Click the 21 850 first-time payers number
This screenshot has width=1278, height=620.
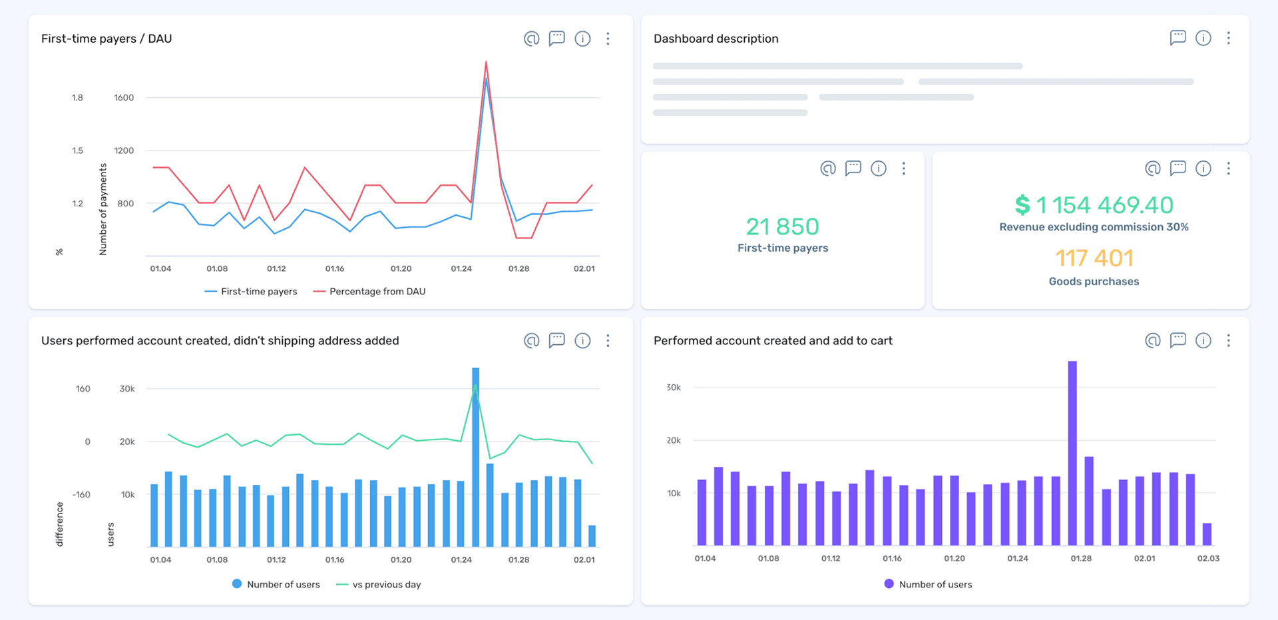tap(782, 227)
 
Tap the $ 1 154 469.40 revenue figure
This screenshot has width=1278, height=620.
tap(1094, 205)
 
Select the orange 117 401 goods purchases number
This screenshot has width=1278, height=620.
tap(1094, 258)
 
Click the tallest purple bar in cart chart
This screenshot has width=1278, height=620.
tap(1072, 453)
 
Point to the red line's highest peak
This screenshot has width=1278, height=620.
tap(486, 63)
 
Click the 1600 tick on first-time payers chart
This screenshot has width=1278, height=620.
tap(124, 98)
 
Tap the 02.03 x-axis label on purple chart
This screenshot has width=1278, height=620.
tap(1208, 559)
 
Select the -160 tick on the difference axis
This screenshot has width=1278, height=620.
tap(82, 495)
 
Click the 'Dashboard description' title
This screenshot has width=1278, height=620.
tap(716, 39)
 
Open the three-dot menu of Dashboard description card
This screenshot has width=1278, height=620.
tap(1228, 38)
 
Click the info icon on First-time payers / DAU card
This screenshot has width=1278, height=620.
tap(582, 39)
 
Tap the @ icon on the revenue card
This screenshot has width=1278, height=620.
tap(1152, 168)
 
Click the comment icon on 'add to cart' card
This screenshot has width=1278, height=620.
tap(1177, 340)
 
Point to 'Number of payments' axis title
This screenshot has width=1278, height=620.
tap(103, 210)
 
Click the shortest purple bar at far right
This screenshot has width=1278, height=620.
tap(1207, 534)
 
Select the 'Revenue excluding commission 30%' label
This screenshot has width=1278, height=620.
tap(1094, 227)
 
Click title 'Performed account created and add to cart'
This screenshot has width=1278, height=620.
tap(773, 341)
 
